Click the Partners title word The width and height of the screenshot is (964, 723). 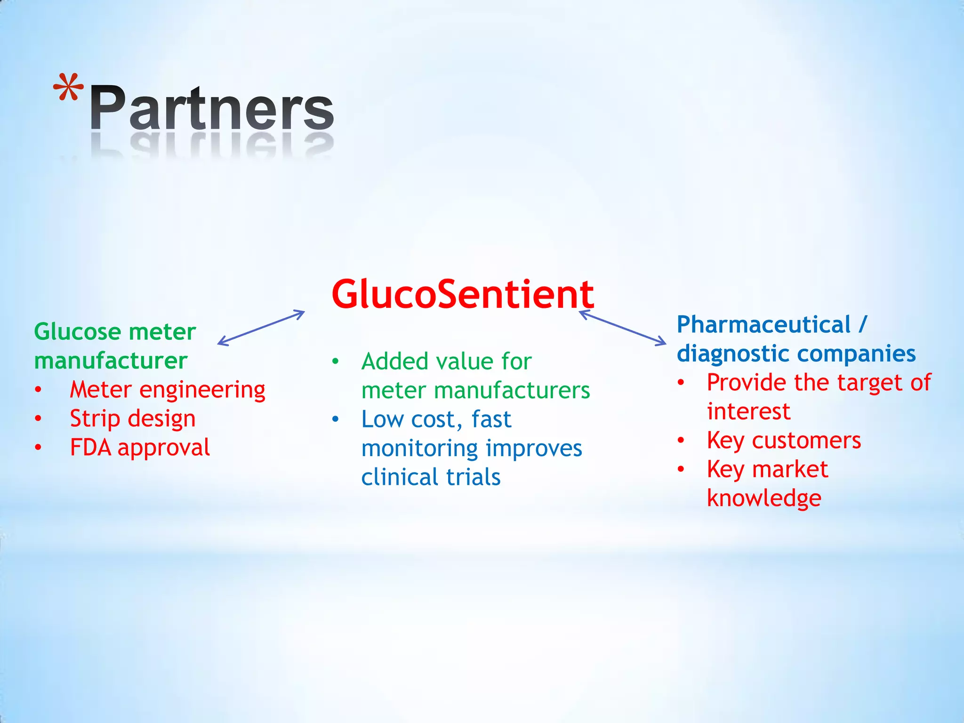point(212,108)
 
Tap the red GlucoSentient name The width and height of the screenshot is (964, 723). point(463,294)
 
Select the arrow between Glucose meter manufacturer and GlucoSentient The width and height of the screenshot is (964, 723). point(261,328)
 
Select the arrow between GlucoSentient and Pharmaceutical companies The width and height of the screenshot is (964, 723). point(622,328)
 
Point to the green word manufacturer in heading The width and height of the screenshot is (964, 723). point(111,361)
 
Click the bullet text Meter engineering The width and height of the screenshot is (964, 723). point(168,390)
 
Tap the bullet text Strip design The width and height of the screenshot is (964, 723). point(133,418)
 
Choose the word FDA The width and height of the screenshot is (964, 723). point(90,447)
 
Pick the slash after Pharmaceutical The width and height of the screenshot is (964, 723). point(862,325)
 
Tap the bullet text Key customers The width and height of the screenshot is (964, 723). point(784,441)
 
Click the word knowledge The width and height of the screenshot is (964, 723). point(764,498)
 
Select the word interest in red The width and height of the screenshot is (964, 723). point(748,411)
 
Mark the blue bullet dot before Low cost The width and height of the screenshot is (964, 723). point(335,419)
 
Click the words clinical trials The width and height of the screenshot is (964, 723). point(431,477)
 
